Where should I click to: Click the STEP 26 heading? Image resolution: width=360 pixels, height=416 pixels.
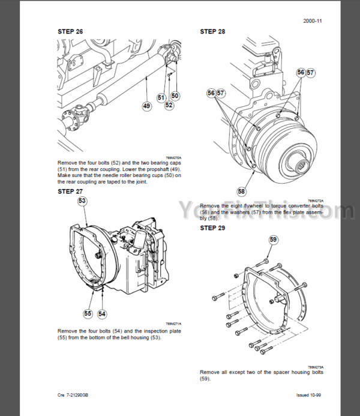coord(71,32)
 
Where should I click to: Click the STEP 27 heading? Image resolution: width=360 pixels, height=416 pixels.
coord(71,191)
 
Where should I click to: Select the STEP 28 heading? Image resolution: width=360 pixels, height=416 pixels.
coord(214,31)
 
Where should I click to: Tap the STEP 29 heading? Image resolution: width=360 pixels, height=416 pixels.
coord(214,229)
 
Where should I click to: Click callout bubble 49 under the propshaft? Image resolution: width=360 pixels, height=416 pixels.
coord(146,106)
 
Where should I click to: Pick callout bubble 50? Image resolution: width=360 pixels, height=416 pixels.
coord(174,95)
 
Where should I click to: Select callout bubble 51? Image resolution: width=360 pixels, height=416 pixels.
coord(161,97)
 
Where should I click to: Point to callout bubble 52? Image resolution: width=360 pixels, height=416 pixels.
coord(169,105)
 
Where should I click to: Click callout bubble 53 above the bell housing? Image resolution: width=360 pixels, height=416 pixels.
coord(82,200)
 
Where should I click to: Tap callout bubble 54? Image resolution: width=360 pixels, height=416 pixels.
coord(101,313)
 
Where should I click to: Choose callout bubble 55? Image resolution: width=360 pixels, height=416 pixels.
coord(88,313)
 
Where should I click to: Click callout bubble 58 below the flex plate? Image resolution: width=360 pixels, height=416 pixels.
coord(241,191)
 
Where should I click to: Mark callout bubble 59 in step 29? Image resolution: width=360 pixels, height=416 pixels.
coord(273,241)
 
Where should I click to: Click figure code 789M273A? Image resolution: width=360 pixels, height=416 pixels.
coord(316,367)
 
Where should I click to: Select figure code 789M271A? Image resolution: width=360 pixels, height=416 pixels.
coord(173,324)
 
